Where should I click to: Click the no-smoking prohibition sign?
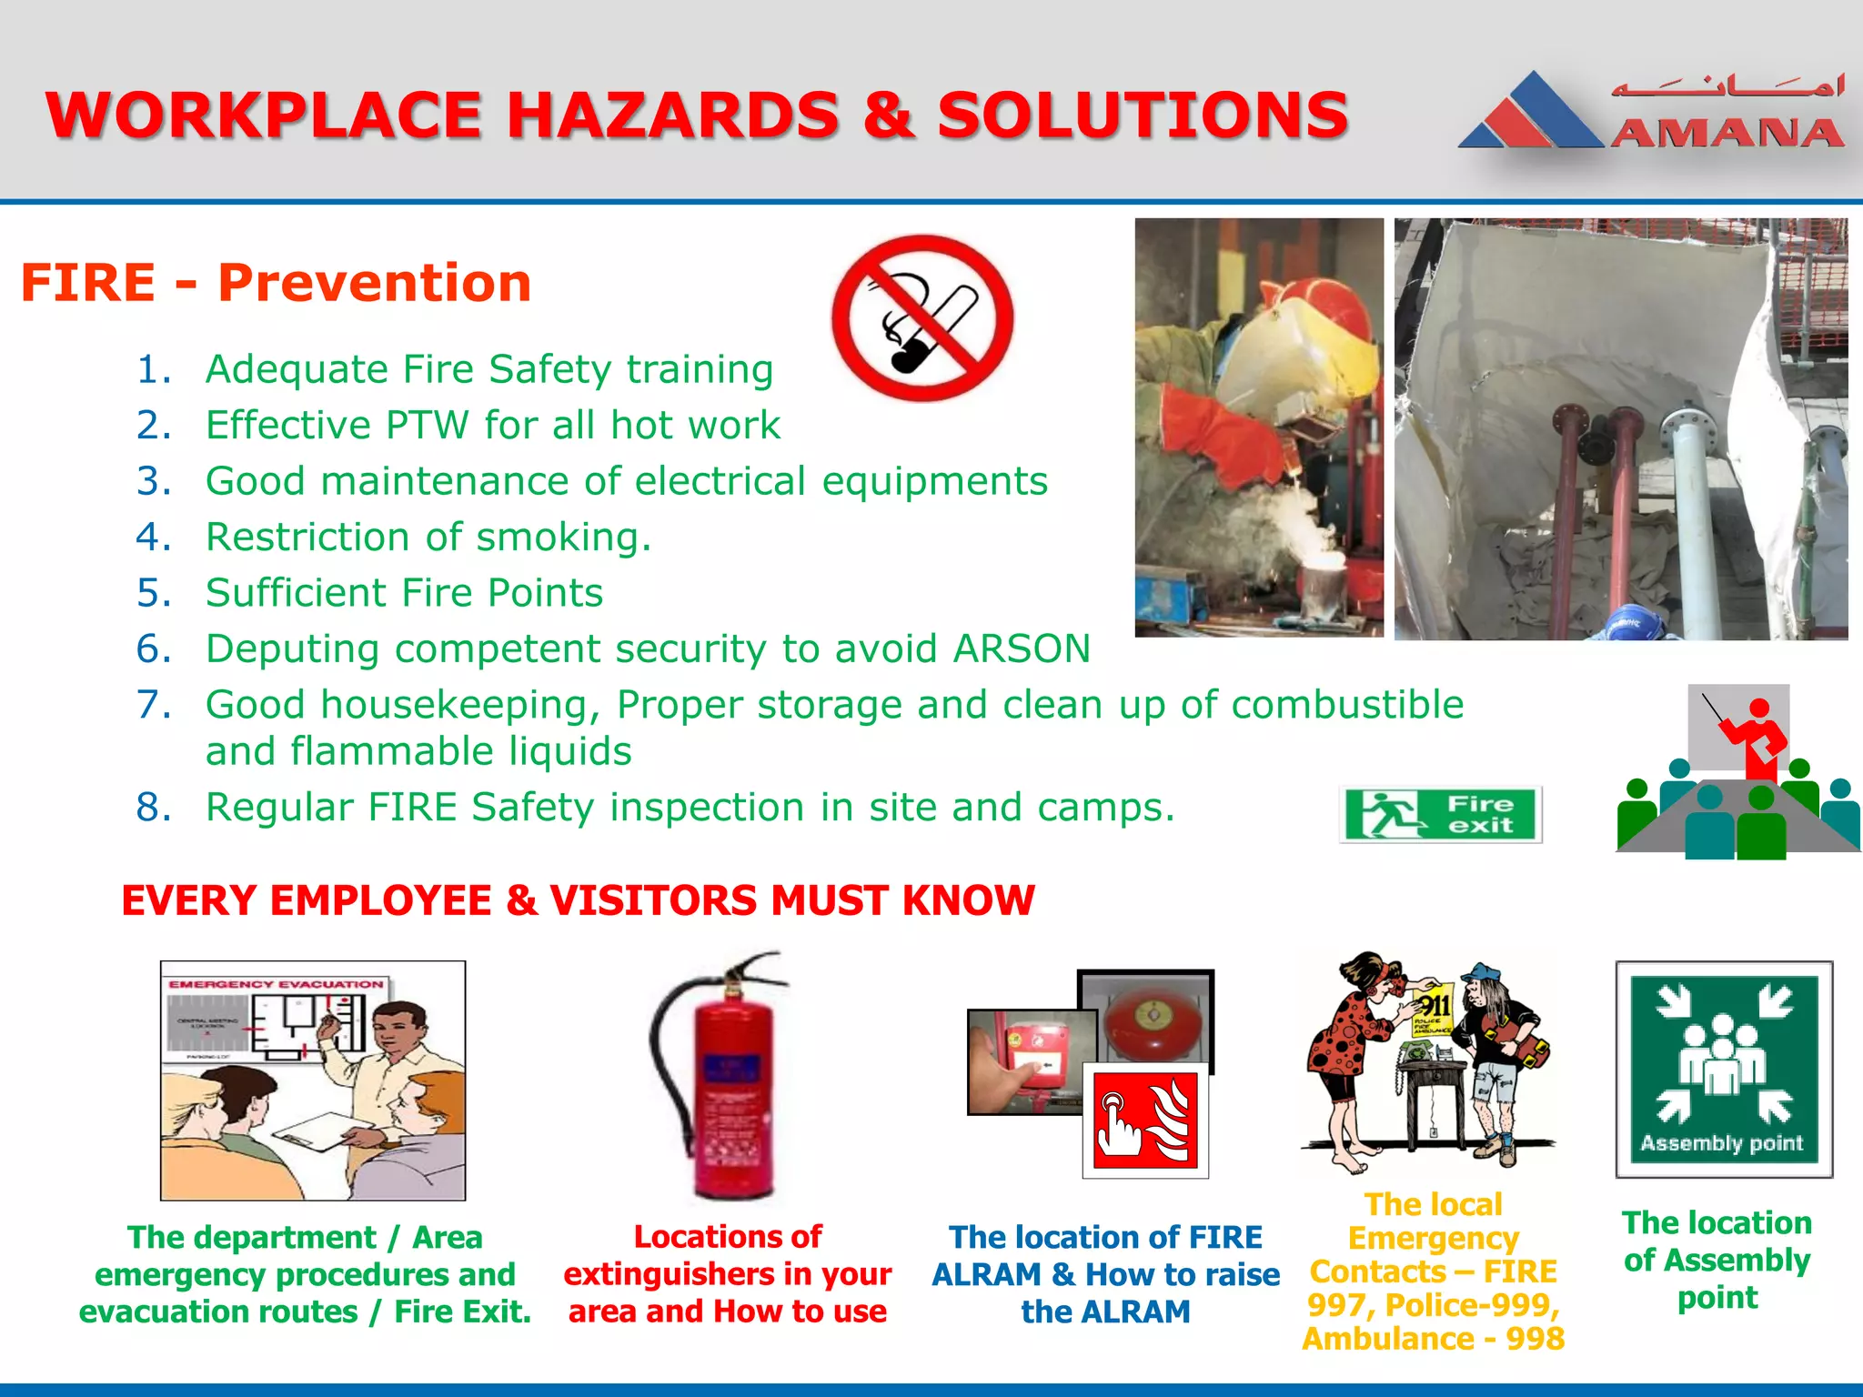coord(922,318)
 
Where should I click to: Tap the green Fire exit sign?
coord(1440,814)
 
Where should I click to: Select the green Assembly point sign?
coord(1724,1070)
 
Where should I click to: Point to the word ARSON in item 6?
coord(1022,649)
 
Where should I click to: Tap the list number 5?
coord(152,594)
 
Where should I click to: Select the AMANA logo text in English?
coord(1727,134)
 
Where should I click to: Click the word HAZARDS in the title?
coord(672,116)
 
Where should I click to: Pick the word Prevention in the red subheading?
coord(375,283)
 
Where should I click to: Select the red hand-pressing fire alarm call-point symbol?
coord(1145,1121)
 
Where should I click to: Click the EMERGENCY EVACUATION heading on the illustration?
coord(277,984)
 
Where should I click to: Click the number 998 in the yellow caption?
coord(1535,1339)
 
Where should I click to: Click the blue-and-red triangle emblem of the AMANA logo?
coord(1531,114)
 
